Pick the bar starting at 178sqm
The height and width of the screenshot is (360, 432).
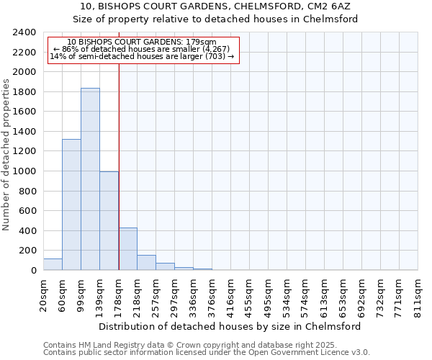click(127, 249)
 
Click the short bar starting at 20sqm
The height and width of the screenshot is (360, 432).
click(53, 264)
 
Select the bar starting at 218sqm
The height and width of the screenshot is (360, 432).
click(146, 263)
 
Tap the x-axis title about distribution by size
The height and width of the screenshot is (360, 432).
click(230, 326)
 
